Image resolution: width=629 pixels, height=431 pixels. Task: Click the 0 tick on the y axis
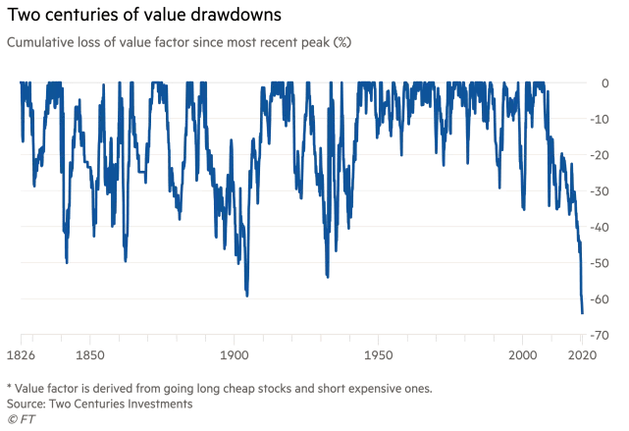(604, 82)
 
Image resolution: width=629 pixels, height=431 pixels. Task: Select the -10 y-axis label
(600, 119)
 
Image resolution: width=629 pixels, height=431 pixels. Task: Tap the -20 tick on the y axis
(600, 155)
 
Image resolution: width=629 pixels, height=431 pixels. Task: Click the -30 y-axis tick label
(600, 190)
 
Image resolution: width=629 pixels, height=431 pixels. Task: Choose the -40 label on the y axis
(600, 227)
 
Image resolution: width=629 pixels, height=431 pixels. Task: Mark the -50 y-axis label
(600, 263)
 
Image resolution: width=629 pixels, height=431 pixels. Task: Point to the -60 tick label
(600, 298)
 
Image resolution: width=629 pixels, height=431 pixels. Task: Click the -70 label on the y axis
(600, 335)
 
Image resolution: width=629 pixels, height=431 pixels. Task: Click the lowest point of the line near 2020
(582, 313)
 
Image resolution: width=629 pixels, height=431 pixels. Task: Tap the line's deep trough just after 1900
(246, 295)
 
